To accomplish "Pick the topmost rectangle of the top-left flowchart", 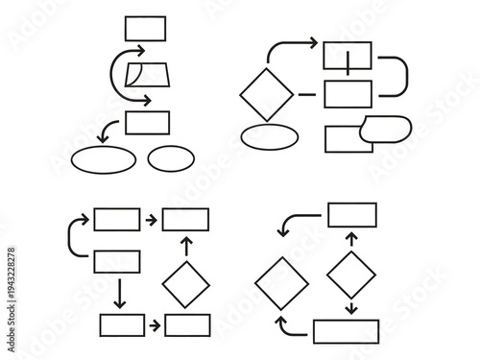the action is tap(145, 28).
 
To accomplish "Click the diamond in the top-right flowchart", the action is tap(266, 93).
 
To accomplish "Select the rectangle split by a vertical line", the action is tap(348, 57).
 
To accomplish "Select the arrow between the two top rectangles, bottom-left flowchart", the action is tap(151, 220).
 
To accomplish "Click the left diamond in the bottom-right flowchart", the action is tap(282, 282).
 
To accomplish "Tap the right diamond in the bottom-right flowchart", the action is tap(351, 275).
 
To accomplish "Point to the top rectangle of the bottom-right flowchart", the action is tap(352, 214).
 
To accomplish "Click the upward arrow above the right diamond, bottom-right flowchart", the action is tap(351, 238).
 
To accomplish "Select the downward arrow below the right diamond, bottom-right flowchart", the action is tap(351, 307).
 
